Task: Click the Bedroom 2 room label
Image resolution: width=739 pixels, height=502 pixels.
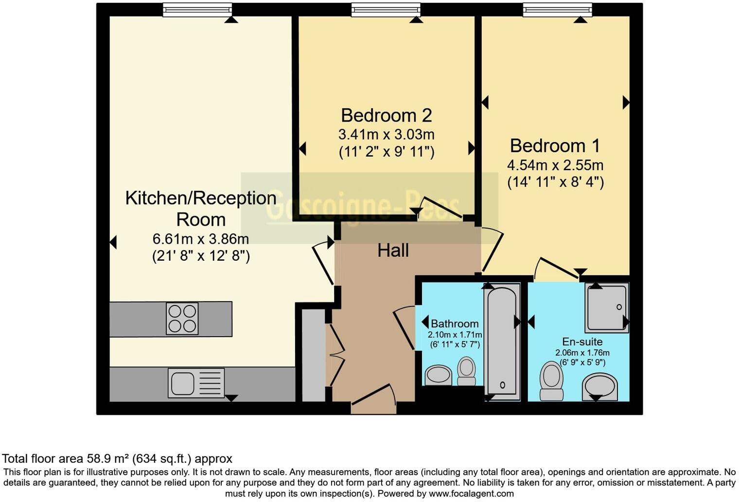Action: click(386, 115)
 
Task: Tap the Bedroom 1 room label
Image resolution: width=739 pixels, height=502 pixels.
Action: click(555, 146)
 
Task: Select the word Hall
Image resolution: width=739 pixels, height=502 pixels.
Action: click(393, 251)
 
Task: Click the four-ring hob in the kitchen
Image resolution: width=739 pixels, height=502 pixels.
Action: click(182, 319)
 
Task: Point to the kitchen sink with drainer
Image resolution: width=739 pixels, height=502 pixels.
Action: click(196, 382)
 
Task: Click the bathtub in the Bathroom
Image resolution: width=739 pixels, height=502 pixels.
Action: click(501, 341)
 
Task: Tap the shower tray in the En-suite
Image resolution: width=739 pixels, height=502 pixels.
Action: click(607, 308)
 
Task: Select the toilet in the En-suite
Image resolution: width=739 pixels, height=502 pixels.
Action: click(551, 380)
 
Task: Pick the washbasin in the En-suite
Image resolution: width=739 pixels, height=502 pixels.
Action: click(600, 387)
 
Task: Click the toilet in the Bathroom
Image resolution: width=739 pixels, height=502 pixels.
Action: click(467, 371)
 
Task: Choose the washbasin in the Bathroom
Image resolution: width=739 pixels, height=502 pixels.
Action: click(439, 376)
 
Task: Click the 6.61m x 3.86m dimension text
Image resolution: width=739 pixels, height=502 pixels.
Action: click(201, 239)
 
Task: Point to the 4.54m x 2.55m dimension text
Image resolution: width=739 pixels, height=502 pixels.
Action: click(555, 165)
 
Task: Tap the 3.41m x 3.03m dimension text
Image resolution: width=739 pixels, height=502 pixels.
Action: click(386, 134)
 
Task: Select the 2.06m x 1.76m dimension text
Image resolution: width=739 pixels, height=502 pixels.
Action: click(582, 353)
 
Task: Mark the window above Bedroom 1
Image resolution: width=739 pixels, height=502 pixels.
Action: click(557, 10)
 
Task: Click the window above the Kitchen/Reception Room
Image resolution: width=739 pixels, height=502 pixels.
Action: click(197, 10)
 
